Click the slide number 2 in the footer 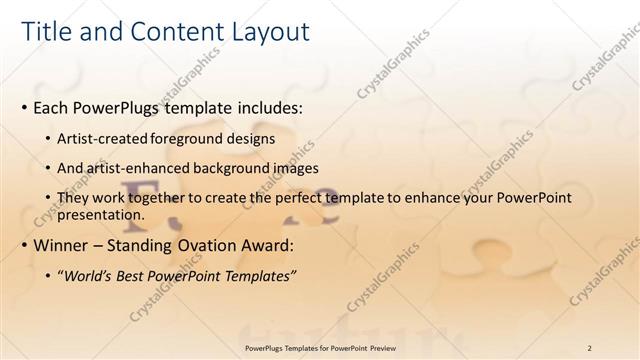pos(590,347)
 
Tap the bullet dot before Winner pos(24,246)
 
